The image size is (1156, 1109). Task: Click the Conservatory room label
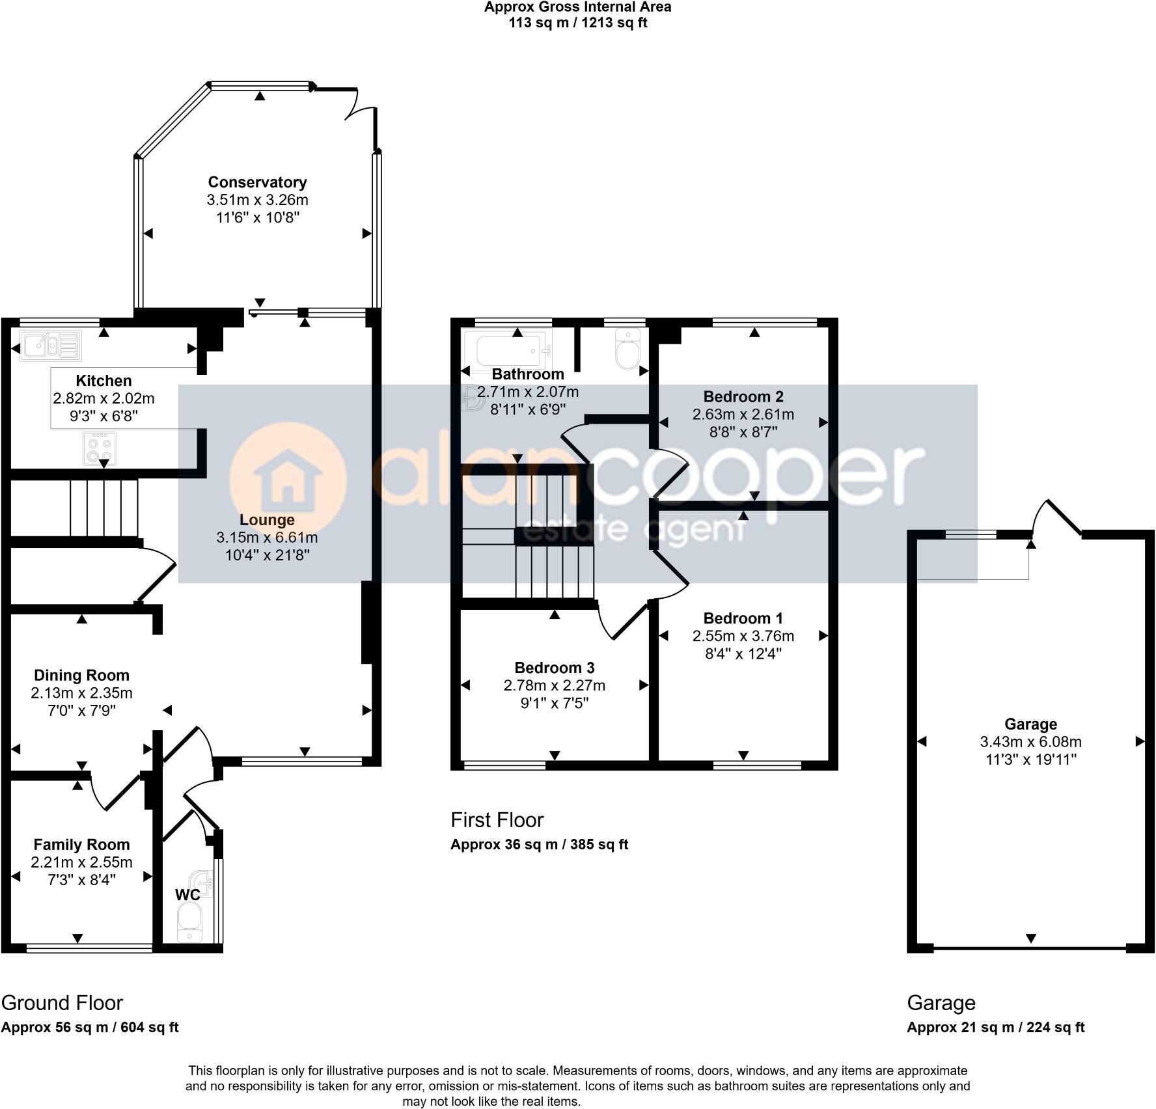click(257, 182)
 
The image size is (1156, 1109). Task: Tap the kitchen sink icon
click(51, 346)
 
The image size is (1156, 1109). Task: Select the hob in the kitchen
click(99, 448)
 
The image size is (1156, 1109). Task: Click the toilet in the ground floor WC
click(189, 923)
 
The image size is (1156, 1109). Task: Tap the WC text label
click(187, 895)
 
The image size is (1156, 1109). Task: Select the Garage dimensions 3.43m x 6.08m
click(1030, 742)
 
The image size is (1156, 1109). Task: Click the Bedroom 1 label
click(743, 618)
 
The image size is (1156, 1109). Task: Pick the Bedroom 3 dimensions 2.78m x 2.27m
click(554, 685)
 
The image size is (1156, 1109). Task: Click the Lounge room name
click(267, 520)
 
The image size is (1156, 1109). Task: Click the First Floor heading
click(497, 820)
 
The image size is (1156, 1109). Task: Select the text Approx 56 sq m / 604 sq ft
click(90, 1028)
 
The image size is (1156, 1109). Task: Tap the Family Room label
click(81, 845)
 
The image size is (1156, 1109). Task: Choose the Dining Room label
click(81, 676)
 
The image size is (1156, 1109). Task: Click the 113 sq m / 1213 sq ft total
click(577, 23)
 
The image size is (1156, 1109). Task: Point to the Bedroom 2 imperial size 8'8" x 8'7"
click(743, 431)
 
